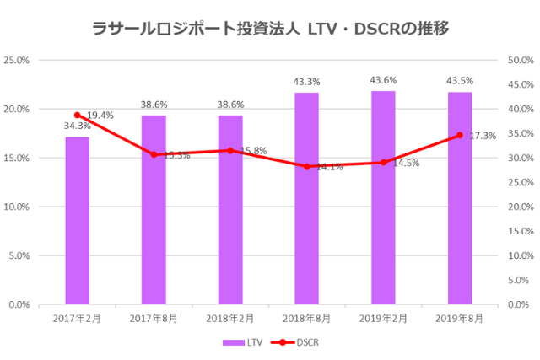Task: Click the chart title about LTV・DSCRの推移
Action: tap(270, 29)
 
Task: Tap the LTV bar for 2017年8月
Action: tap(154, 210)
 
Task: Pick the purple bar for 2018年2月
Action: tap(230, 210)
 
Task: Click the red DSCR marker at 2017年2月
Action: tap(77, 115)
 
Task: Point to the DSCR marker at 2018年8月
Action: tap(306, 167)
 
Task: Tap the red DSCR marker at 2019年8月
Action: tap(460, 135)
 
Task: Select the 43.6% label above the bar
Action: tap(383, 80)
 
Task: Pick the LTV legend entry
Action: tap(240, 342)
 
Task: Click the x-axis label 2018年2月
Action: tap(230, 318)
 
